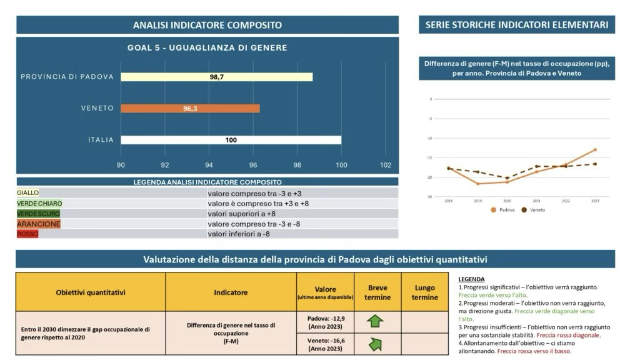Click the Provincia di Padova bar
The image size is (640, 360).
point(216,77)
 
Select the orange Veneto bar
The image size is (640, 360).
point(190,108)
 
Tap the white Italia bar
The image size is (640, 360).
point(231,140)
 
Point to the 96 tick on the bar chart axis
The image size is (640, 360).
point(253,165)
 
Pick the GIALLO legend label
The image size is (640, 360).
point(28,193)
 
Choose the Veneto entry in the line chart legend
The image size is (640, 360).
point(534,210)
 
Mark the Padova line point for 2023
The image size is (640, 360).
point(595,149)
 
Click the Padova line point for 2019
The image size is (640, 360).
point(477,183)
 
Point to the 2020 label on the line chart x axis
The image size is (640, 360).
point(507,201)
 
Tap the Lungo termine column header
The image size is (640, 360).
point(425,292)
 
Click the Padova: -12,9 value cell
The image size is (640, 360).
point(326,322)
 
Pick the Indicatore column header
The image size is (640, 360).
point(231,292)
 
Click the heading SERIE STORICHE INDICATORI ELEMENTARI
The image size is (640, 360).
point(517,25)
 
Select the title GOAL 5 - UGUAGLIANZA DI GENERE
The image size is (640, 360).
point(207,47)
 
